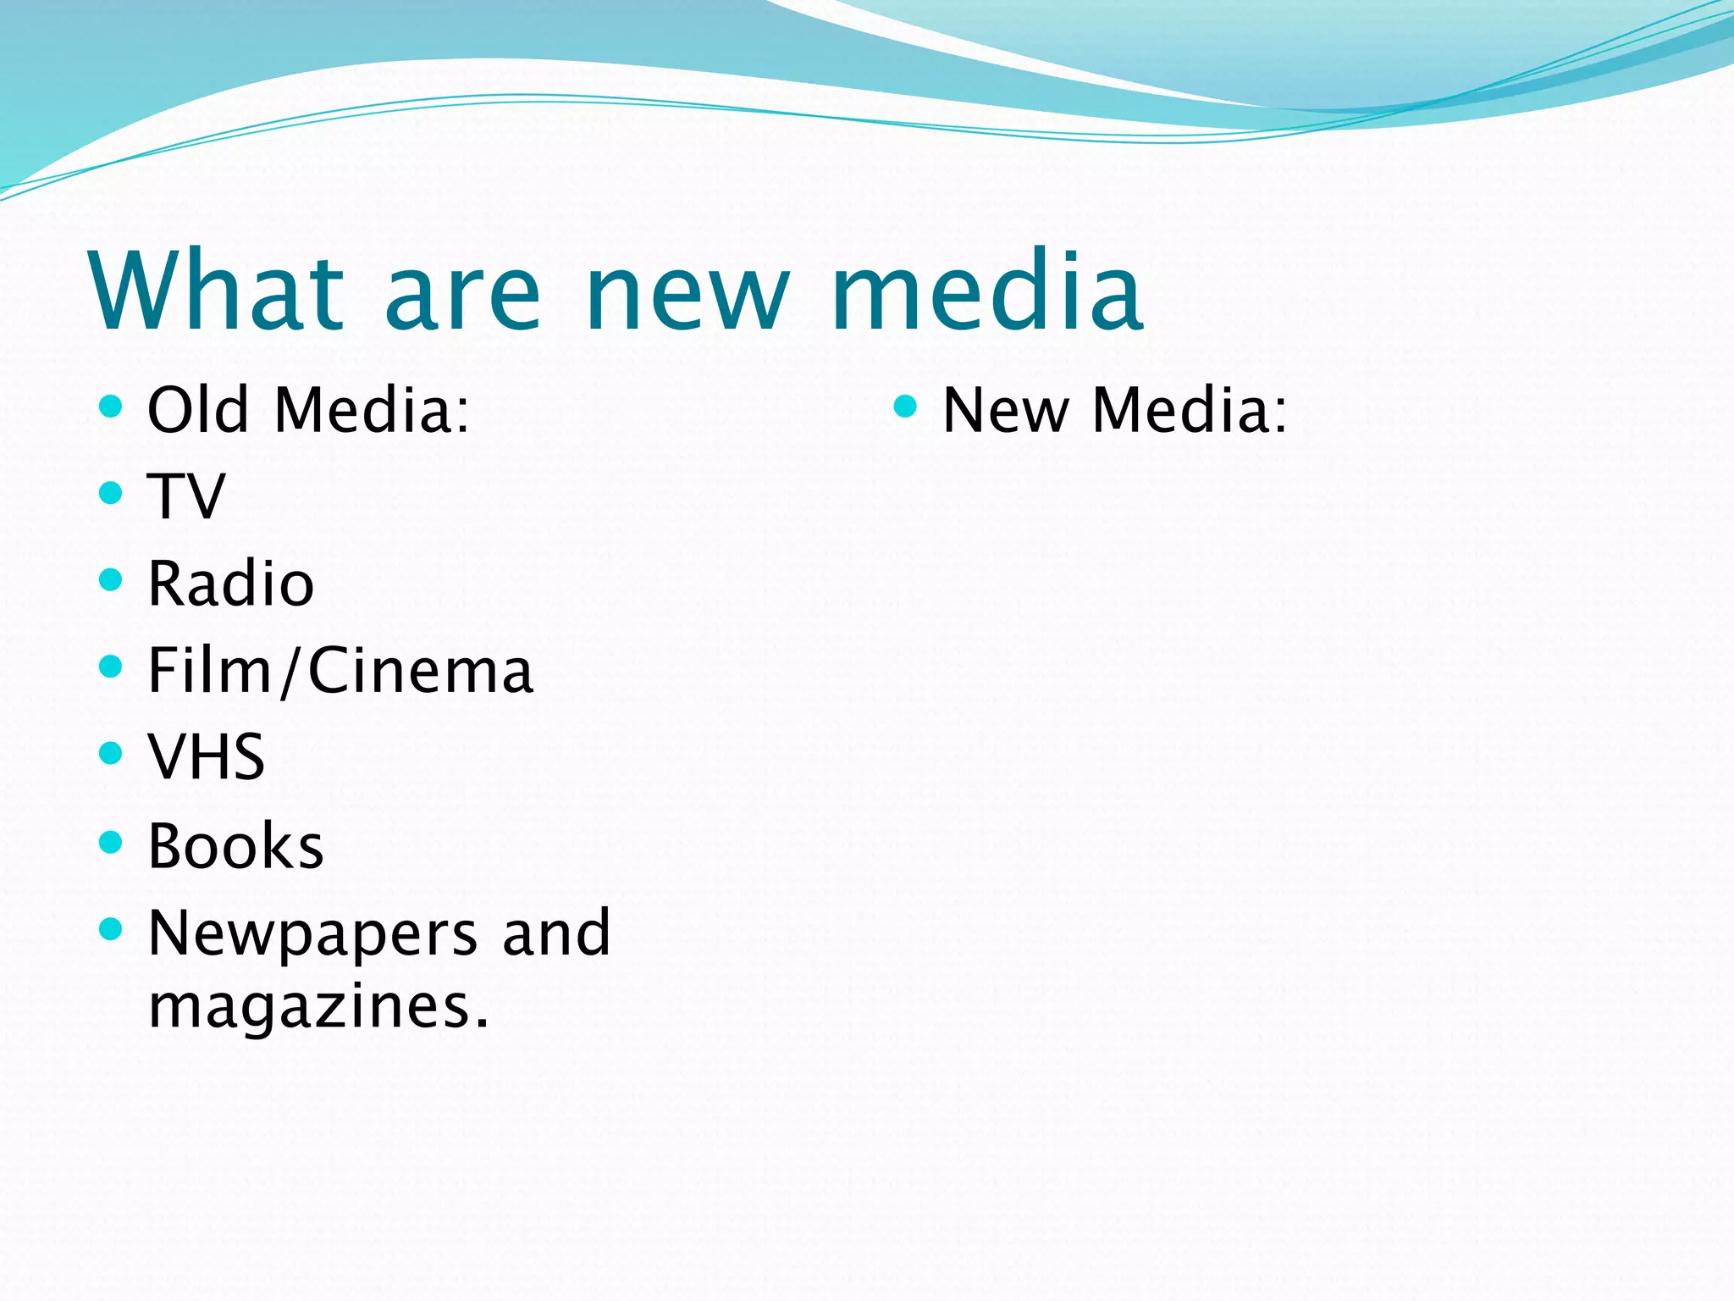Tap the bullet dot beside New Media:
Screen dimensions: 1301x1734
coord(905,406)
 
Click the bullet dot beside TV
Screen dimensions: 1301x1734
coord(110,493)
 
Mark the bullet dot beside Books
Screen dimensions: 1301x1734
coord(110,842)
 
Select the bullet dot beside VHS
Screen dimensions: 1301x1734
coord(110,753)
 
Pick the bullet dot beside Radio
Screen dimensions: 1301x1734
coord(110,580)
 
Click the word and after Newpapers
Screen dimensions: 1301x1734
coord(556,933)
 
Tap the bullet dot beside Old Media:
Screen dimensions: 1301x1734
coord(110,406)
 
